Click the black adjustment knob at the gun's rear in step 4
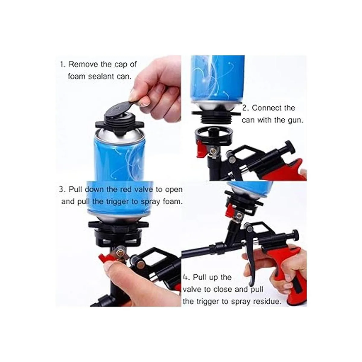[294, 234]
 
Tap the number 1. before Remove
[62, 64]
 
